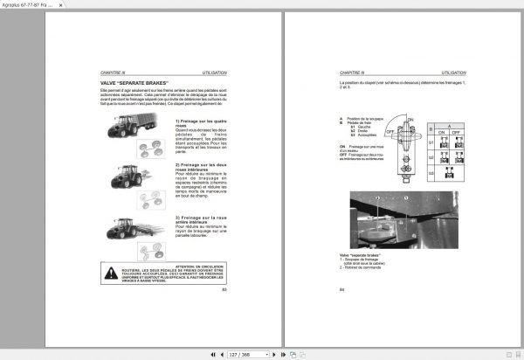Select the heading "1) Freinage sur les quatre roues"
click(x=200, y=124)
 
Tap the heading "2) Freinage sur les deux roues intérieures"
click(x=200, y=167)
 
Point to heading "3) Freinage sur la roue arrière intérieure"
click(x=200, y=220)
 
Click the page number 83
click(x=224, y=288)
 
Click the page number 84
click(x=341, y=288)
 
